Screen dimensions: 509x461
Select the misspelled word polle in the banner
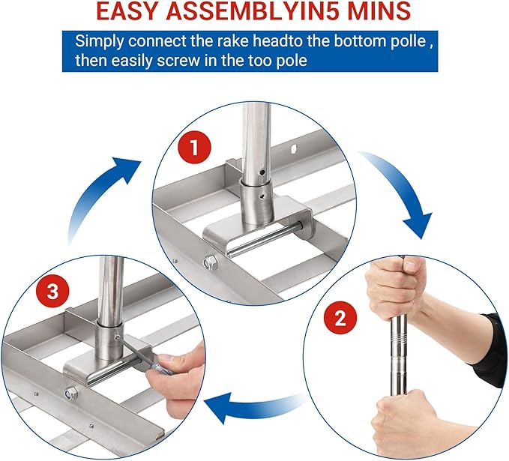(x=406, y=41)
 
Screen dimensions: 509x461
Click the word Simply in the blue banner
(x=100, y=42)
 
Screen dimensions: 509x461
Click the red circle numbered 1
(x=194, y=148)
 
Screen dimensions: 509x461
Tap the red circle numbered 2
(x=340, y=318)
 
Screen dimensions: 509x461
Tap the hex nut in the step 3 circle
(x=70, y=393)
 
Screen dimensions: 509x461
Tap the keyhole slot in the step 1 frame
(x=294, y=149)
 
